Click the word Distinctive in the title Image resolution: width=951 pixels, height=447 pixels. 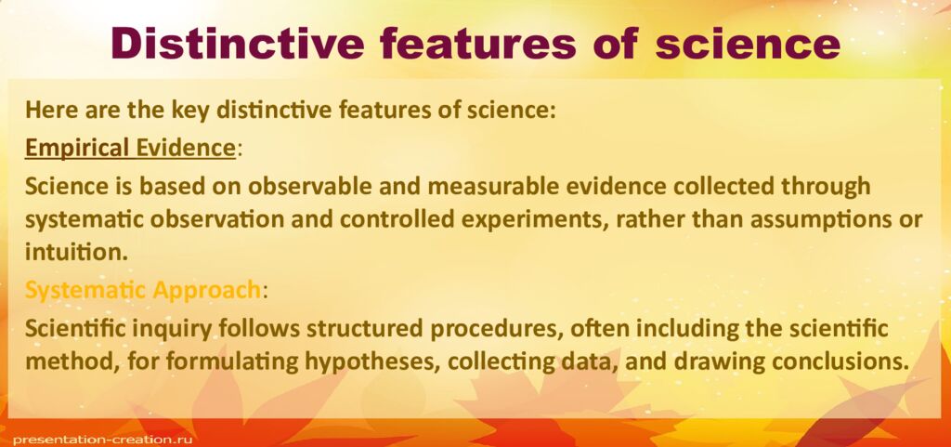(244, 44)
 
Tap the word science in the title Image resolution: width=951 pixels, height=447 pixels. (748, 44)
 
